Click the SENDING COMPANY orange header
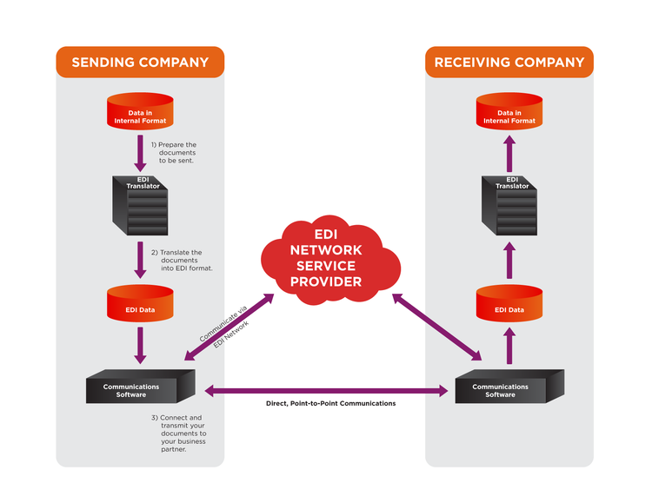click(140, 63)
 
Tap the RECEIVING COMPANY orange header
click(509, 63)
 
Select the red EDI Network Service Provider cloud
click(325, 258)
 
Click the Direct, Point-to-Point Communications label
click(330, 404)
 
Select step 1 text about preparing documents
click(174, 153)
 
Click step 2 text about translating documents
click(182, 260)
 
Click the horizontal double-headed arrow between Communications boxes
click(326, 391)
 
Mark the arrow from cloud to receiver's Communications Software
click(437, 327)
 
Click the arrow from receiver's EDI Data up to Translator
click(509, 261)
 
